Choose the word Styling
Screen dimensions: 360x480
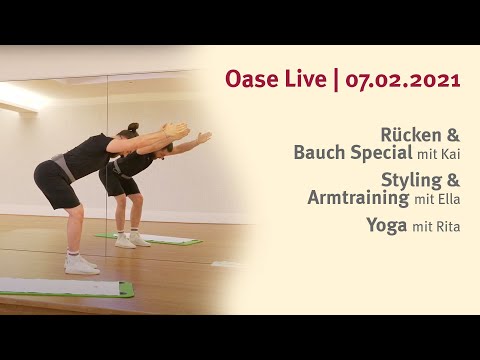(411, 180)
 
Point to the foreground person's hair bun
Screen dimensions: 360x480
(132, 128)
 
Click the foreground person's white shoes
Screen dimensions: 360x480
(81, 264)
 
